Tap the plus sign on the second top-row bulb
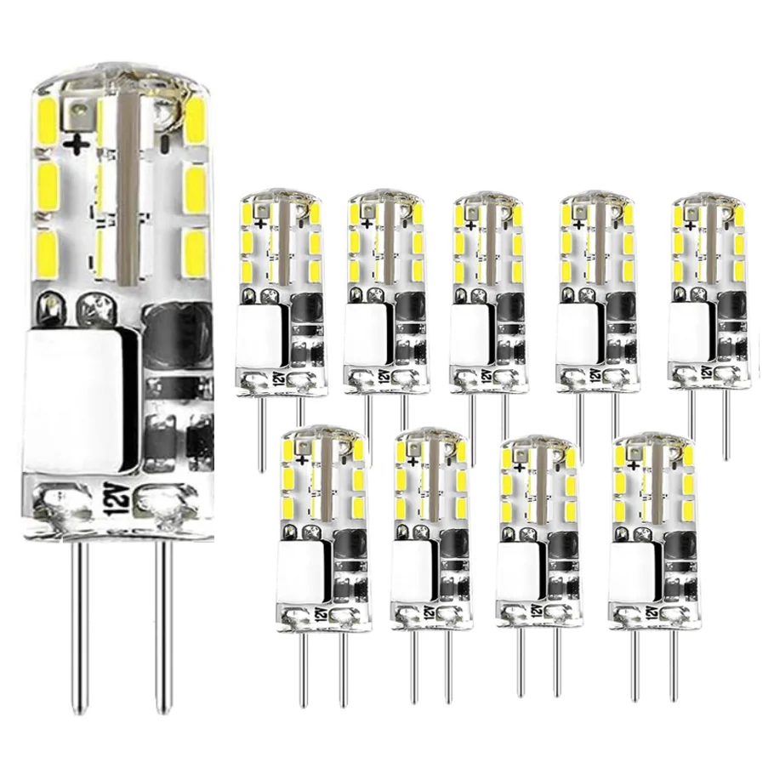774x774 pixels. click(x=367, y=224)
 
